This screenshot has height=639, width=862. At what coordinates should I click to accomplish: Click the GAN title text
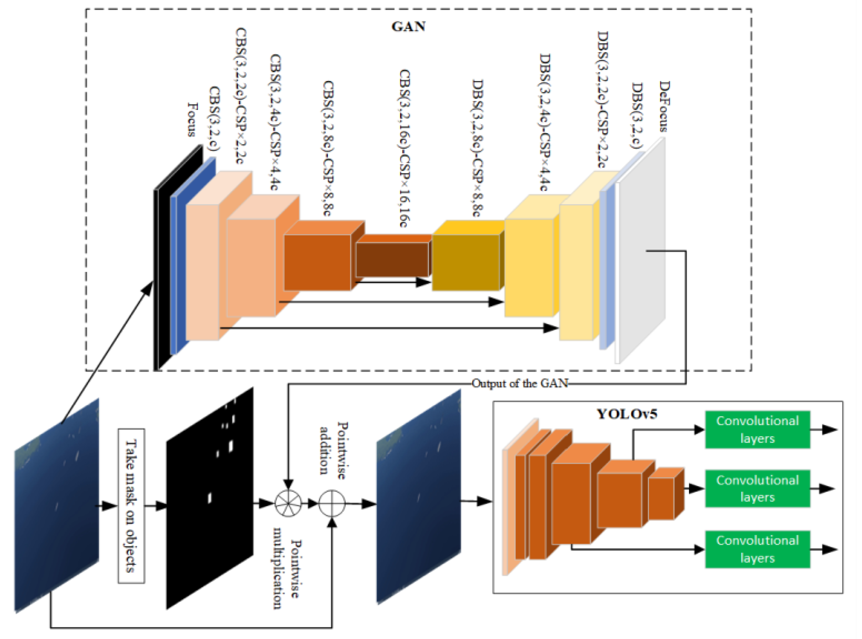(408, 26)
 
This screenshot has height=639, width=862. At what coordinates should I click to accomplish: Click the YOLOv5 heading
(626, 414)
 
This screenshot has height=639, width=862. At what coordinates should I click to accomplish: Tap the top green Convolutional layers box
(757, 430)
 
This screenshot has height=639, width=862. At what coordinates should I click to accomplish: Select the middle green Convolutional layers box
(757, 488)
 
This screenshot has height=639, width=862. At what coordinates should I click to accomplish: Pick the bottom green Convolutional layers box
(757, 549)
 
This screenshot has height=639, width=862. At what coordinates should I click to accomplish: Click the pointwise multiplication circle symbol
(288, 503)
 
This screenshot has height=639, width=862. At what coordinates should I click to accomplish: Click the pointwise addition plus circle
(331, 503)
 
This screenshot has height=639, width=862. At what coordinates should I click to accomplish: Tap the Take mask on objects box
(131, 506)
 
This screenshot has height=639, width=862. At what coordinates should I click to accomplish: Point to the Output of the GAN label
(520, 383)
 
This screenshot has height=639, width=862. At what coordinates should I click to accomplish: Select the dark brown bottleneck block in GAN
(391, 259)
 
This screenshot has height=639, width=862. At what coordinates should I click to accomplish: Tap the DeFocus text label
(664, 106)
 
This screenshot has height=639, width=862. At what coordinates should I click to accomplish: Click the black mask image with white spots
(210, 499)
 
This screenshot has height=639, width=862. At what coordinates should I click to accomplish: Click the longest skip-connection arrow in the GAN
(387, 328)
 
